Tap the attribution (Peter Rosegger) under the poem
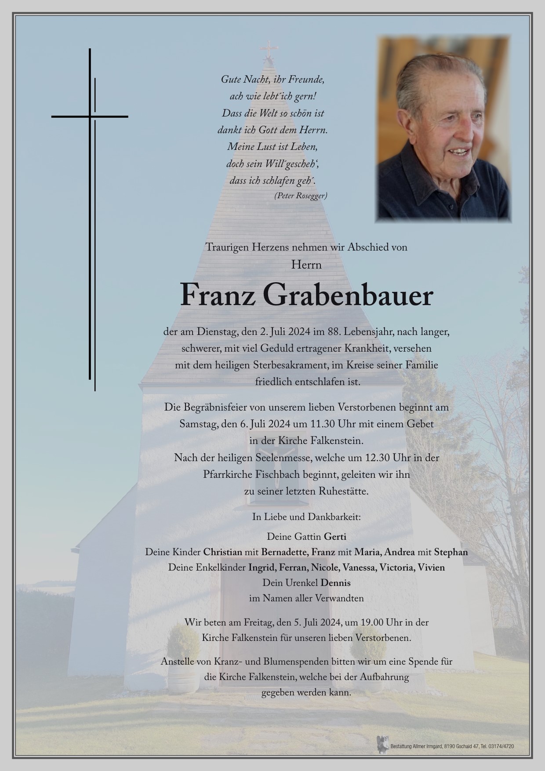tap(301, 196)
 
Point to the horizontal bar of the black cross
tap(90, 116)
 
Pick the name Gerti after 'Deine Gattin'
tap(335, 536)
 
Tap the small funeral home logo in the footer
tap(382, 744)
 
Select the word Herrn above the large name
tap(306, 265)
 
